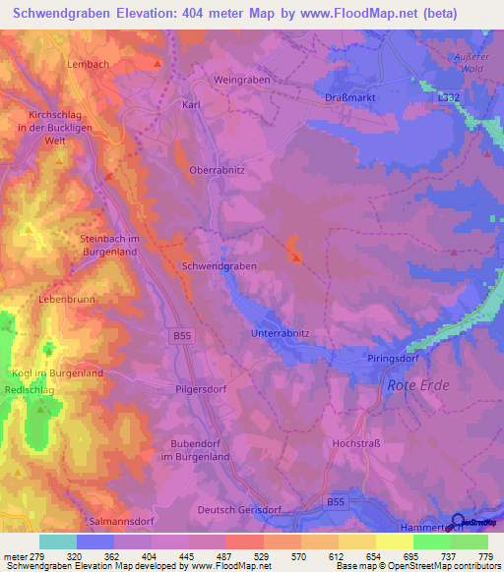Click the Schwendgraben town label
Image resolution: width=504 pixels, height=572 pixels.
coord(220,266)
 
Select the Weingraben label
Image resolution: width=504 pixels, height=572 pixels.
coord(242,80)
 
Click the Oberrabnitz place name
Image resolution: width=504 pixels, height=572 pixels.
coord(218,169)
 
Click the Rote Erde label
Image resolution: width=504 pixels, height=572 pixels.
coord(418,385)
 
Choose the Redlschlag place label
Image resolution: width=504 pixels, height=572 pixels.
coord(31,390)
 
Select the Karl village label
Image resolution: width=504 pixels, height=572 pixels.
coord(192,103)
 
